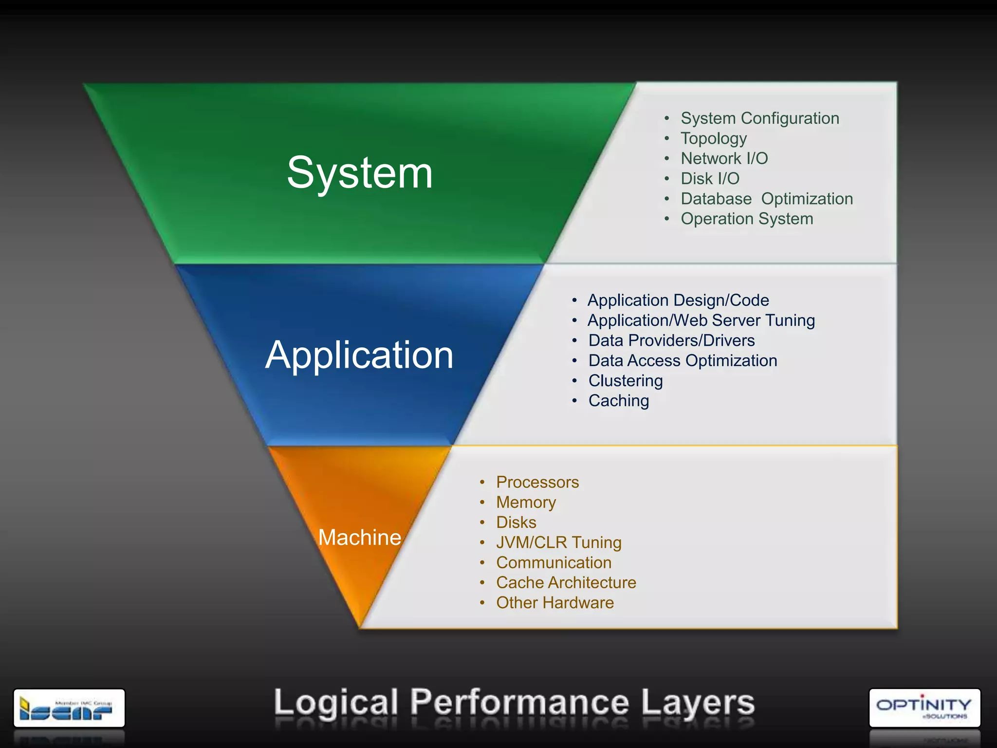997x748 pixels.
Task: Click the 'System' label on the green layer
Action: [x=360, y=173]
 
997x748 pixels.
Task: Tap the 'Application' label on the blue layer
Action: [x=359, y=355]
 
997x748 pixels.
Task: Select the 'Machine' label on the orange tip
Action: [x=359, y=538]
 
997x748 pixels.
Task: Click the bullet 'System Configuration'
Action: [x=759, y=118]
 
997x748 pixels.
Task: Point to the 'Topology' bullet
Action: [x=713, y=139]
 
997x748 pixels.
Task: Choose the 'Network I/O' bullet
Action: [x=724, y=159]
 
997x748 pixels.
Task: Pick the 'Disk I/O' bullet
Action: [x=710, y=179]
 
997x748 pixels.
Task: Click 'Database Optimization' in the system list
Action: [x=766, y=199]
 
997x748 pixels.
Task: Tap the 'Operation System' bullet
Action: [x=747, y=219]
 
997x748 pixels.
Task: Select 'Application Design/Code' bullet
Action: [x=678, y=300]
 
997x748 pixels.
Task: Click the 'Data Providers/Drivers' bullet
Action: [x=671, y=340]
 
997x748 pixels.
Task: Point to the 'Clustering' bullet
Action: [x=625, y=381]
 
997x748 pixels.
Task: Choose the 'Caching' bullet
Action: [x=618, y=401]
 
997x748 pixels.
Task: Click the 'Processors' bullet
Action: [x=537, y=482]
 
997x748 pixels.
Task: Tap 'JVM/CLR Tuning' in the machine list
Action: [x=558, y=542]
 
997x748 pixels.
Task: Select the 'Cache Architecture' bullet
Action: [x=566, y=583]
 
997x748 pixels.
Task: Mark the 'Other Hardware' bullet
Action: [x=554, y=603]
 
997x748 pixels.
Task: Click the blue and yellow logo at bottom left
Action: [x=69, y=708]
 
